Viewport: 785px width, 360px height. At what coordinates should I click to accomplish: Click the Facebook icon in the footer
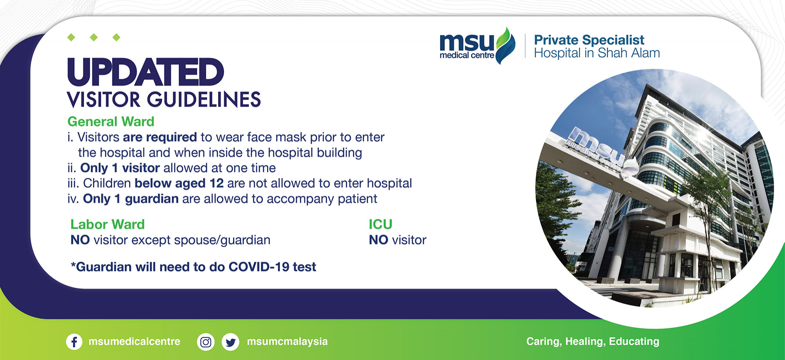pyautogui.click(x=74, y=342)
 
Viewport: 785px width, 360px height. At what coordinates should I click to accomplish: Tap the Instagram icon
pyautogui.click(x=206, y=342)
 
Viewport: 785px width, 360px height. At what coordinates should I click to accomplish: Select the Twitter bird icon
pyautogui.click(x=230, y=342)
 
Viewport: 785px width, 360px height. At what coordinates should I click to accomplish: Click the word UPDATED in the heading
pyautogui.click(x=146, y=72)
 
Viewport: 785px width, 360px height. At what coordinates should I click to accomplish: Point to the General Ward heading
pyautogui.click(x=111, y=121)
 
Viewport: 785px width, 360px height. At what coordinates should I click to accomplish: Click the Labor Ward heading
pyautogui.click(x=107, y=224)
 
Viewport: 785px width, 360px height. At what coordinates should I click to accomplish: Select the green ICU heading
pyautogui.click(x=381, y=224)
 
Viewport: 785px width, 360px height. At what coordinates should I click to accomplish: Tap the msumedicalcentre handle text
pyautogui.click(x=134, y=342)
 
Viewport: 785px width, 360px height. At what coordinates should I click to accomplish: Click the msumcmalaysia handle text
pyautogui.click(x=287, y=342)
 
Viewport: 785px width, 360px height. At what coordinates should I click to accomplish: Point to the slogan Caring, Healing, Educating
pyautogui.click(x=593, y=342)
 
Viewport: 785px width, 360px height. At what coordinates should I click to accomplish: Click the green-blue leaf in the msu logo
pyautogui.click(x=505, y=46)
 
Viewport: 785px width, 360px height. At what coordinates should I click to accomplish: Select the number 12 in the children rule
pyautogui.click(x=217, y=183)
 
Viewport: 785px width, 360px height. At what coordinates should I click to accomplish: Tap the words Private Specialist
pyautogui.click(x=589, y=41)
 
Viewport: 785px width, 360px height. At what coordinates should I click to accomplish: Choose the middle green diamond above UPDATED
pyautogui.click(x=94, y=37)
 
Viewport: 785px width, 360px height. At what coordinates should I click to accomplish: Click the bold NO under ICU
pyautogui.click(x=379, y=240)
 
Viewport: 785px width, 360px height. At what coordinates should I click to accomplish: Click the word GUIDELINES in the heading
pyautogui.click(x=204, y=100)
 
